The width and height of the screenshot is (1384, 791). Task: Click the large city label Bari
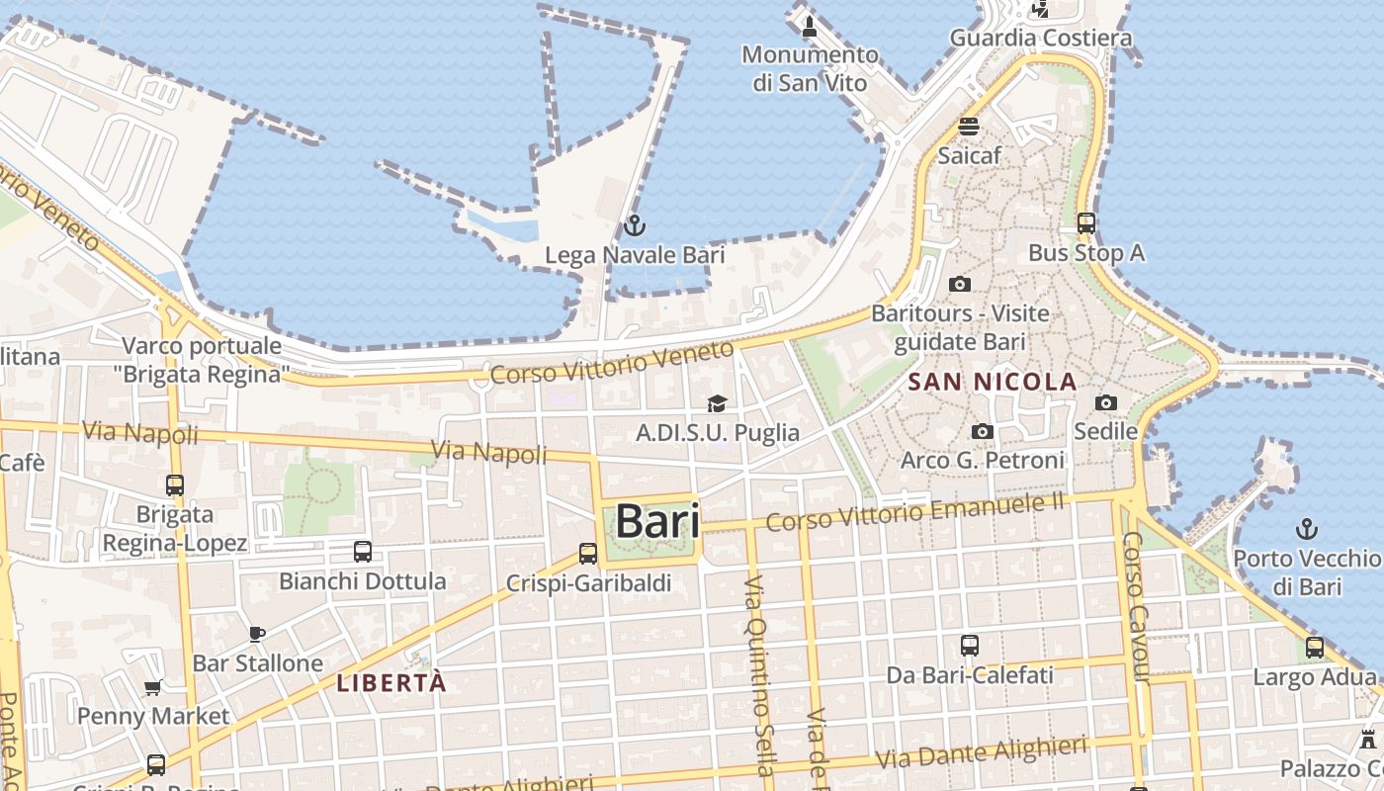(657, 521)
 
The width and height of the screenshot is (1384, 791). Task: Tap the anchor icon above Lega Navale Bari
(635, 226)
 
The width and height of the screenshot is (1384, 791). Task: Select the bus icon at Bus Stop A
(1086, 223)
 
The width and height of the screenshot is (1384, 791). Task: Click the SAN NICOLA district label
(992, 382)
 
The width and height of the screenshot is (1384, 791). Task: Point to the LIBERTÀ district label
(391, 682)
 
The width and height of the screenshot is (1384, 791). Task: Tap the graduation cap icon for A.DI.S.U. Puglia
(717, 403)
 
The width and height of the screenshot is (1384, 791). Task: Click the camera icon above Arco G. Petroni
(982, 431)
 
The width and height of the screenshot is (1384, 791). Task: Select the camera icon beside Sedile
(1106, 402)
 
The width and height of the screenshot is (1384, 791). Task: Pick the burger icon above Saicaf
(969, 127)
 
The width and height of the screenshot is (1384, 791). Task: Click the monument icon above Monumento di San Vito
(810, 26)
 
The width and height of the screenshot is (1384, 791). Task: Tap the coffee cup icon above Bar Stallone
(257, 633)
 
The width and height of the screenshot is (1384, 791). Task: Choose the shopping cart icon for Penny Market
(153, 687)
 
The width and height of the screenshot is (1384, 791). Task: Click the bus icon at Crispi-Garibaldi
(588, 554)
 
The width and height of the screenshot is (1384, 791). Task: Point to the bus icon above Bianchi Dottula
(363, 551)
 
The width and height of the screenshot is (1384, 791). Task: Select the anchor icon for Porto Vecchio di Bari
(1307, 529)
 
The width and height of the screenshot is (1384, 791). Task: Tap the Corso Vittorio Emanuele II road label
(914, 511)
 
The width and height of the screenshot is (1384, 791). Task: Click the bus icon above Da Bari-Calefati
(970, 646)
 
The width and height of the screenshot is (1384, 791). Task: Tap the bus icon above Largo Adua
(1314, 648)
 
